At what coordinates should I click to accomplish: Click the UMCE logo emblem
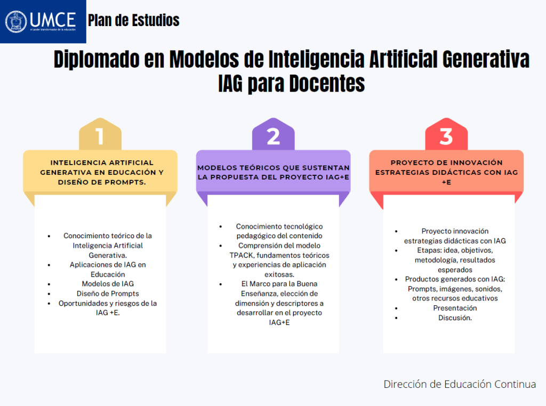pyautogui.click(x=16, y=21)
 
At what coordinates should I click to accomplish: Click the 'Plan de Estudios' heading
pyautogui.click(x=133, y=21)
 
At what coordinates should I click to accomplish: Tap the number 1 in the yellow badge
pyautogui.click(x=100, y=137)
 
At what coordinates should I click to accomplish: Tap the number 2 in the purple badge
pyautogui.click(x=273, y=137)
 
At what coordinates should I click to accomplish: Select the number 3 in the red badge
pyautogui.click(x=446, y=137)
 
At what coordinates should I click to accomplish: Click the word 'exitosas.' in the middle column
pyautogui.click(x=273, y=274)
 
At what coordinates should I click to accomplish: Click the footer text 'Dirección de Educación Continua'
pyautogui.click(x=459, y=384)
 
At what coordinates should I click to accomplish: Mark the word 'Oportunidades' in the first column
pyautogui.click(x=83, y=303)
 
